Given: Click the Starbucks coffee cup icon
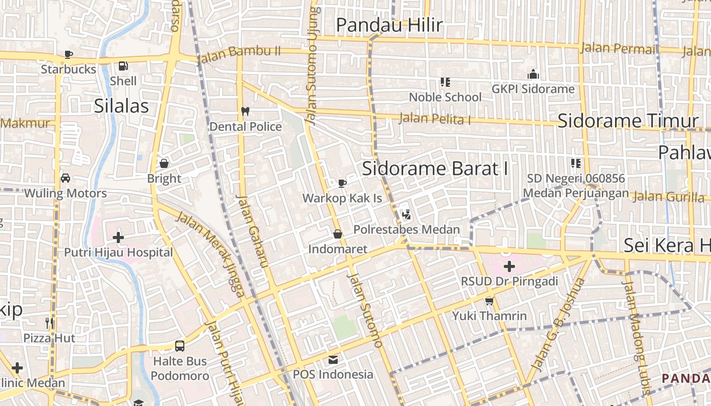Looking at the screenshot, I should (69, 54).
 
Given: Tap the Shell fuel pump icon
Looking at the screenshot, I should (123, 66).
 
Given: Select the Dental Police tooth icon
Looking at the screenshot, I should (245, 111).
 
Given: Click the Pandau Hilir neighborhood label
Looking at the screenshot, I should (389, 25).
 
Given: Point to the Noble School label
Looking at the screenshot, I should (445, 97).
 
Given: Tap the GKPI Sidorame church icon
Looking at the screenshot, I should (533, 75).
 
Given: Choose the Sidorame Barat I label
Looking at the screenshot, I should (435, 168).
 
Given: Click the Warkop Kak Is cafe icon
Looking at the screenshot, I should (342, 183).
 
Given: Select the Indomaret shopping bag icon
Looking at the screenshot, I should (337, 234).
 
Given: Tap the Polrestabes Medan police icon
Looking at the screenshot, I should (406, 215).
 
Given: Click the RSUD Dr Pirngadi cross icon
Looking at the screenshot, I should (509, 266).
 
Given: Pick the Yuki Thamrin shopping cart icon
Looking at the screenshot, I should (490, 301).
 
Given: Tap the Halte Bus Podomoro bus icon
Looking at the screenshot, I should (180, 346).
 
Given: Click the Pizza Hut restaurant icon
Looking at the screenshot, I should (49, 323).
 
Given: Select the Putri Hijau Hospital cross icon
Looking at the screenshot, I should (118, 237).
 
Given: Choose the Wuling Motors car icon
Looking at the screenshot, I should (66, 178).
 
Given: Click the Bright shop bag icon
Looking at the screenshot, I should (164, 163).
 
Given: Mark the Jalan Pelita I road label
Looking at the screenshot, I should (435, 119).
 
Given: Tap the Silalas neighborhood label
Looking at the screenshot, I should (121, 106).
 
